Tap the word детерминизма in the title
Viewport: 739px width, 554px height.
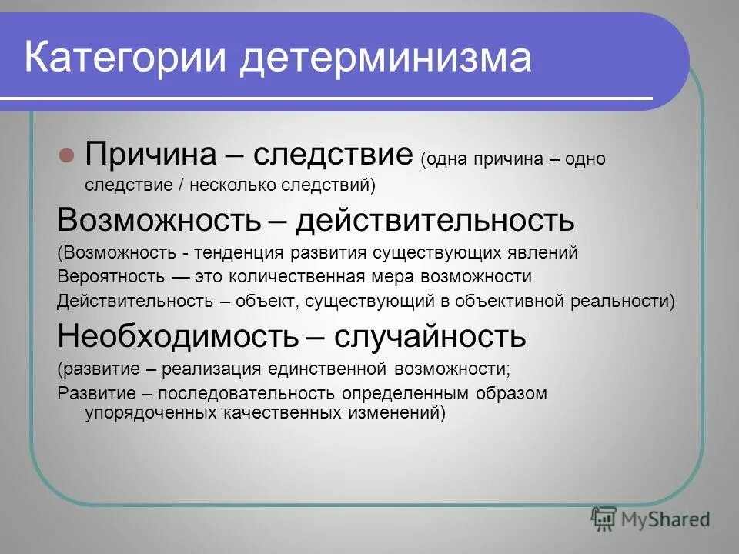385,58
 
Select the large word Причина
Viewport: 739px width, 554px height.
151,154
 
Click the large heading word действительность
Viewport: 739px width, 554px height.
436,221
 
